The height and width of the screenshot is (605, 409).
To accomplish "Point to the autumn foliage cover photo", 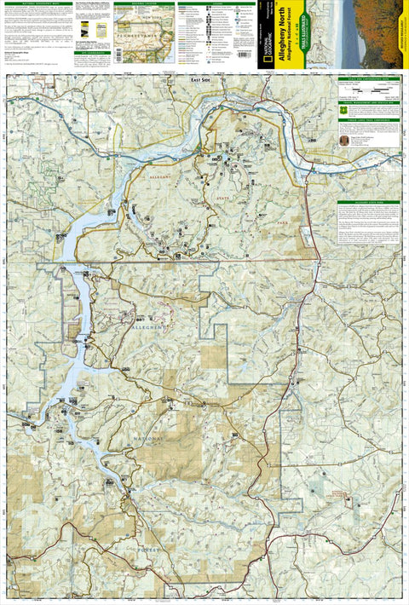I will (x=379, y=34).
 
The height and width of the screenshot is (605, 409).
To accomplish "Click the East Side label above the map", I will (x=201, y=79).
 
